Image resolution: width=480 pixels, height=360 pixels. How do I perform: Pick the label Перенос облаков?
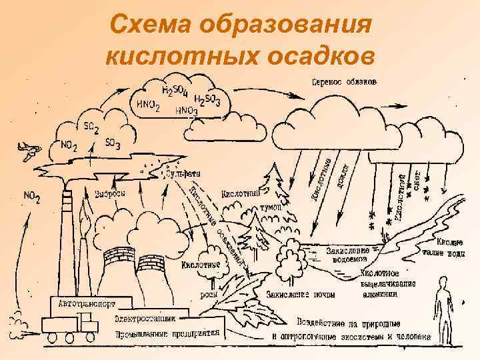[345, 82]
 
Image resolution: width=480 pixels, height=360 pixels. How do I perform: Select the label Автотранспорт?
[82, 301]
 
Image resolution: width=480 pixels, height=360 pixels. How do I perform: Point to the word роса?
[209, 292]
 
